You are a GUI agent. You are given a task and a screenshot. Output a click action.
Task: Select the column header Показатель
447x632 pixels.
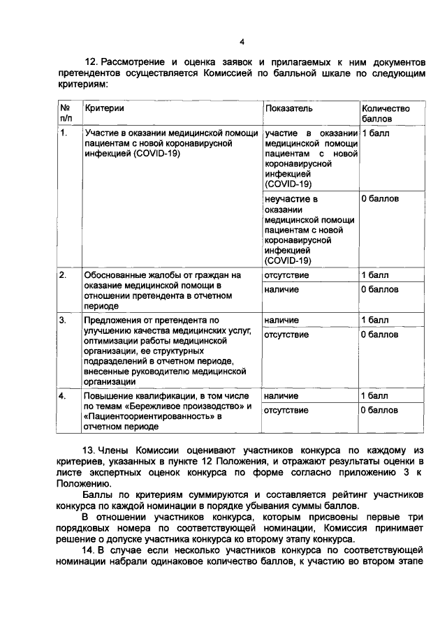pyautogui.click(x=288, y=109)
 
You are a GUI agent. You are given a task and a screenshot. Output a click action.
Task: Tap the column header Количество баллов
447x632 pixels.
pyautogui.click(x=385, y=114)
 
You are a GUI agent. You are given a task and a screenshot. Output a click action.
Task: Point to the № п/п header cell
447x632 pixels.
pyautogui.click(x=66, y=114)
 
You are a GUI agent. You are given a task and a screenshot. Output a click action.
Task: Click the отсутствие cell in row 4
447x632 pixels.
pyautogui.click(x=286, y=410)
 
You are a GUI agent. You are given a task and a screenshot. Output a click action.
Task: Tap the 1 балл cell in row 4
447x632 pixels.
pyautogui.click(x=375, y=396)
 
